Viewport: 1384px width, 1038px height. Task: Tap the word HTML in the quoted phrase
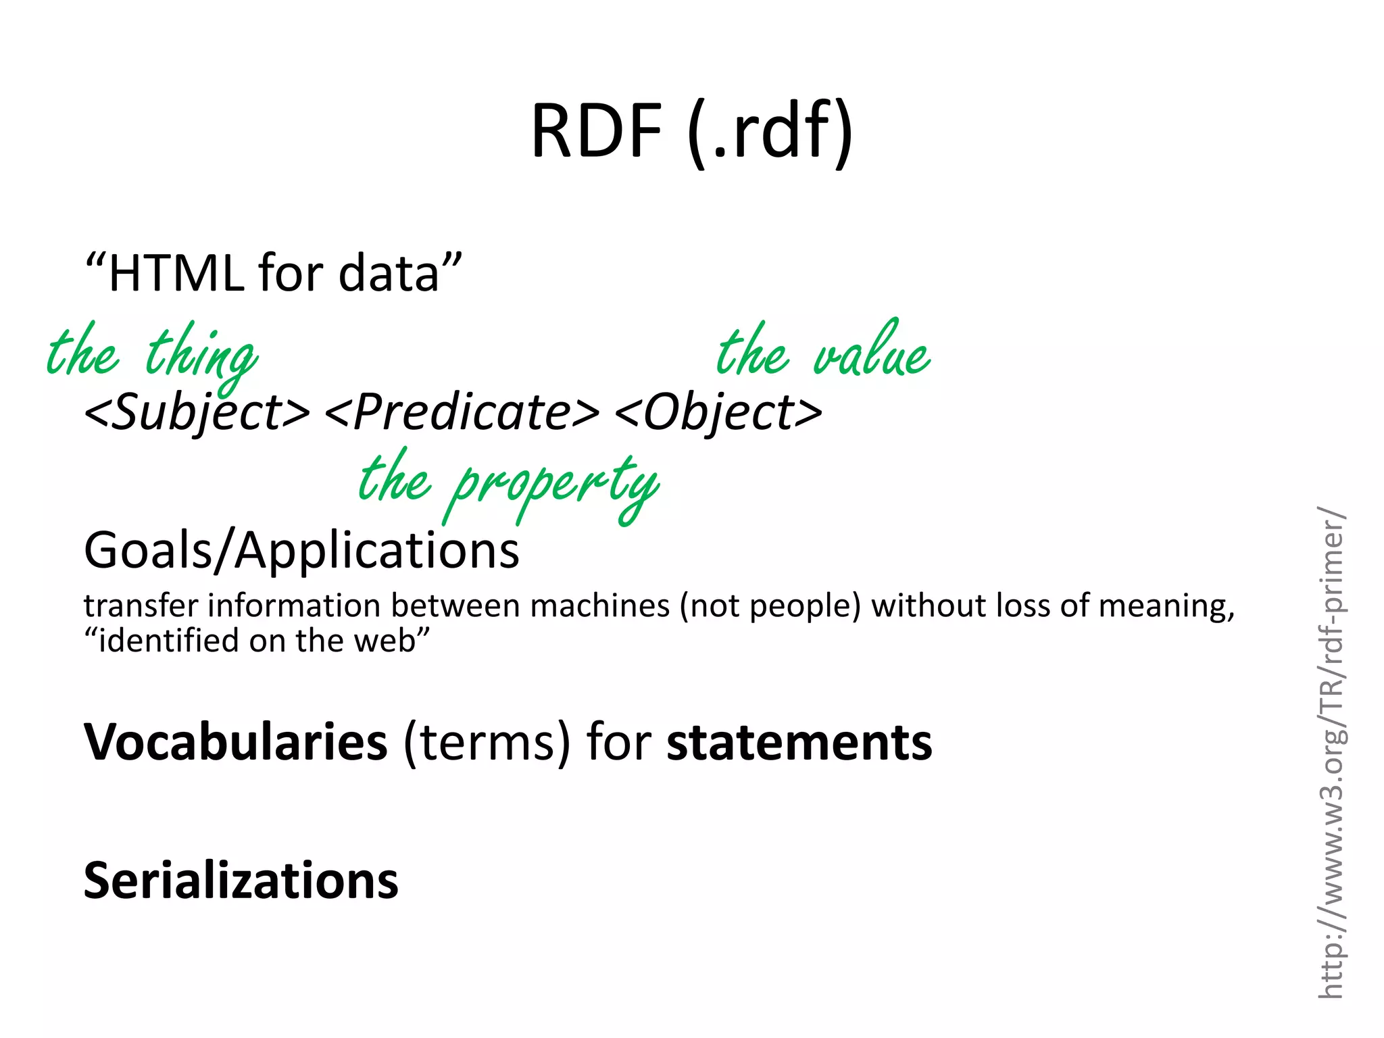176,273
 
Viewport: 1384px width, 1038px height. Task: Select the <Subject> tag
197,412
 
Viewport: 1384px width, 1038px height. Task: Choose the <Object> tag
718,412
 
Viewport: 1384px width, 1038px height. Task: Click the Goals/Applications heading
301,550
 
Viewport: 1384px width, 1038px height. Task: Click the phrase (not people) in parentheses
770,605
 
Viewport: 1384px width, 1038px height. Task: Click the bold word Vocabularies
236,742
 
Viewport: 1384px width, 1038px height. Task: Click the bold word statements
799,742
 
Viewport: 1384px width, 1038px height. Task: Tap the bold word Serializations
241,881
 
